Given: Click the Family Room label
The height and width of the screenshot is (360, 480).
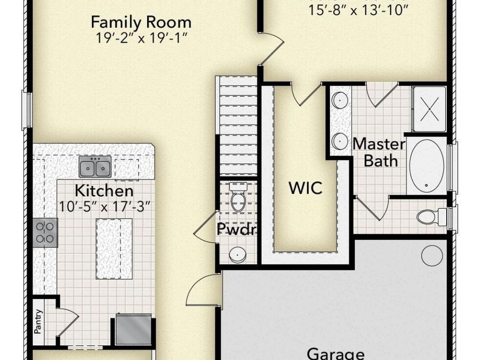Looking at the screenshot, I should click(141, 22).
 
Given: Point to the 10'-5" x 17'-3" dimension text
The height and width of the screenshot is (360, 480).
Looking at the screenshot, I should click(104, 204).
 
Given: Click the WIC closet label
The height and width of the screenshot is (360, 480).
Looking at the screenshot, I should click(305, 188).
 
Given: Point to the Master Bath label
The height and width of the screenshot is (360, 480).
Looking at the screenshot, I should click(379, 151).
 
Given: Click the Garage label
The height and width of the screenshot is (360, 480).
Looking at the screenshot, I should click(336, 354).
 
